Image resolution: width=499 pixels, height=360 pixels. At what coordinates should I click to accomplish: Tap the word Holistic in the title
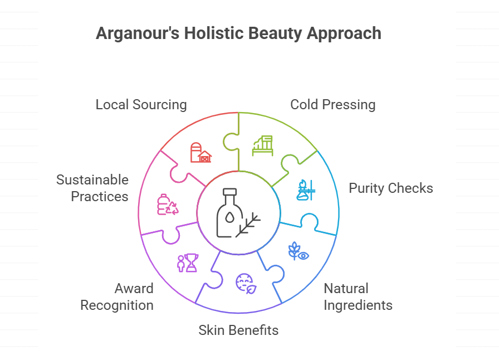coord(207,33)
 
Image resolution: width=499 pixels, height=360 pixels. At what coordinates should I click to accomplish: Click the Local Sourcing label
coord(141,105)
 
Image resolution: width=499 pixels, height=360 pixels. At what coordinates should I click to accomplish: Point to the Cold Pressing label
coord(332,105)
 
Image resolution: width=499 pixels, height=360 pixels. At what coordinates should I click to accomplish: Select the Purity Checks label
coord(390,188)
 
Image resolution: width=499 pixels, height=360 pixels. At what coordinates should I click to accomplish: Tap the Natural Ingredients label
coord(358,297)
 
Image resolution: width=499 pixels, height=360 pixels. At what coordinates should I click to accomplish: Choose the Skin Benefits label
coord(238,330)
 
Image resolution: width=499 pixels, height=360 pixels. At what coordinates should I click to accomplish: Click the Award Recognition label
coord(117,297)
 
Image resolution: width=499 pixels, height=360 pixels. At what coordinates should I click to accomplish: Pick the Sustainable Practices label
coord(92,188)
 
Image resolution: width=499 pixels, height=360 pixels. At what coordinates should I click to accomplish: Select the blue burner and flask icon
coord(306,190)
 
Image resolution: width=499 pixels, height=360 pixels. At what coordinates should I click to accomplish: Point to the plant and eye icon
coord(298,251)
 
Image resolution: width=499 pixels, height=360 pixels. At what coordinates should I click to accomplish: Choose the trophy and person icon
coord(187,262)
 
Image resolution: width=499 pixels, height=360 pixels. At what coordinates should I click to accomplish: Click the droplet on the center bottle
coord(228,218)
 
